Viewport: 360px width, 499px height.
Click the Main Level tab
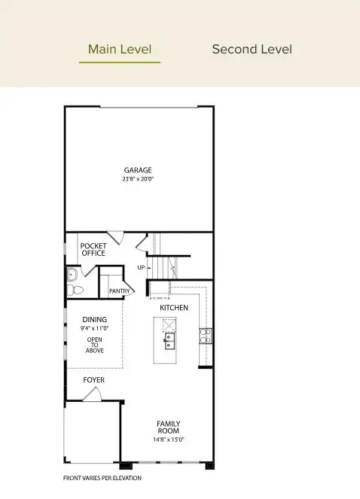coord(120,50)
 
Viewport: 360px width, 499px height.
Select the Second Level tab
coord(252,50)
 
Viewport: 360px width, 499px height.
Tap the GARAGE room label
coord(139,170)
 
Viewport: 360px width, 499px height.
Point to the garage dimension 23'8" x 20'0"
coord(139,179)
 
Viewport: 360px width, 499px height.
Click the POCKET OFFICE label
coord(93,249)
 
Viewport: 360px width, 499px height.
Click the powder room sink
coord(72,274)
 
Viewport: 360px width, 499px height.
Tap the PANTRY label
coord(120,291)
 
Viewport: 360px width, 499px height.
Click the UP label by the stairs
coord(141,267)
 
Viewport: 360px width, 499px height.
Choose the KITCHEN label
coord(174,308)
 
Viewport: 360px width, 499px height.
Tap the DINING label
coord(94,320)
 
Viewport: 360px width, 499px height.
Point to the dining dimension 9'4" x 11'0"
coord(94,329)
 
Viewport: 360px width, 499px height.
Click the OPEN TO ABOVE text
coord(94,345)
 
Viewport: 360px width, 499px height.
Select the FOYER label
coord(93,380)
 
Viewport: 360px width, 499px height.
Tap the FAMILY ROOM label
coord(169,427)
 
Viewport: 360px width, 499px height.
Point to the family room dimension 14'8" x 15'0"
coord(169,440)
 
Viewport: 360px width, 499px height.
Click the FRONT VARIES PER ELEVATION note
coord(102,478)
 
